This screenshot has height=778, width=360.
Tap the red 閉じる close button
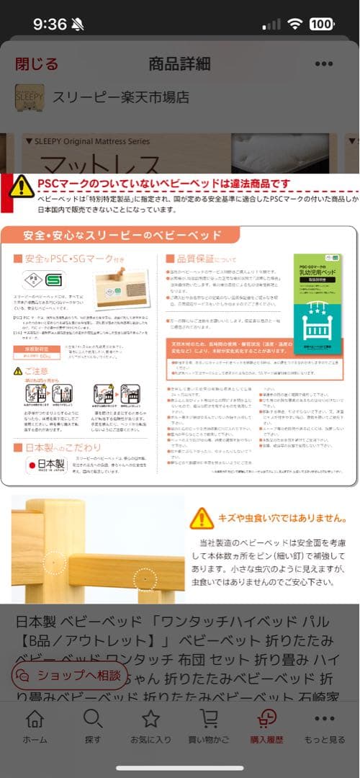point(36,63)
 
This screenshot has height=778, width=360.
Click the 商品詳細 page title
point(179,63)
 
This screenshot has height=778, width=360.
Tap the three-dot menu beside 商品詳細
point(324,63)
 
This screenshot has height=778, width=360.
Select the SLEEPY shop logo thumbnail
point(30,97)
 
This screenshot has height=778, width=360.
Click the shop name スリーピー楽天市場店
point(121,97)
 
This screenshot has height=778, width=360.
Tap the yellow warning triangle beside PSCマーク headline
point(21,186)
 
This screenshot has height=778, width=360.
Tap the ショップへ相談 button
point(72,675)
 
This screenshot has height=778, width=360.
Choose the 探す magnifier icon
point(92,719)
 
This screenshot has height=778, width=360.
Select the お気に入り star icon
point(150,719)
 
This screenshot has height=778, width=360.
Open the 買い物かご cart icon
point(209,719)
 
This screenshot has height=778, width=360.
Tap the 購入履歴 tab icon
point(266,719)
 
